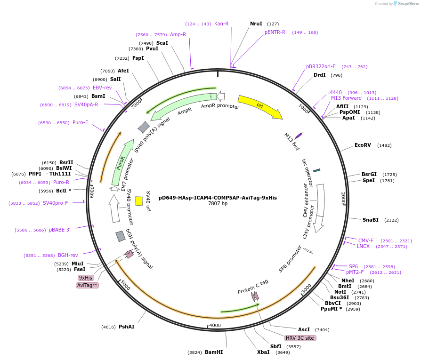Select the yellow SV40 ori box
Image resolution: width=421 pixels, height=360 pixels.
click(139, 201)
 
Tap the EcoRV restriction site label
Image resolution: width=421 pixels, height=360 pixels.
click(363, 145)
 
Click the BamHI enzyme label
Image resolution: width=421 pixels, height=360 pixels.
click(214, 352)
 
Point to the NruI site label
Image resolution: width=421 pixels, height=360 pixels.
click(256, 24)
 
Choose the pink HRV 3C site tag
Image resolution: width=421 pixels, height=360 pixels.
click(300, 338)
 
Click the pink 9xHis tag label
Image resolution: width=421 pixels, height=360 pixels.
click(86, 278)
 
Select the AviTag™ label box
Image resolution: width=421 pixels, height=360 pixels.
click(87, 286)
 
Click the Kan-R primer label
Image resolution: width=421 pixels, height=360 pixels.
click(221, 24)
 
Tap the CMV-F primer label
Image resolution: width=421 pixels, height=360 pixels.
click(366, 240)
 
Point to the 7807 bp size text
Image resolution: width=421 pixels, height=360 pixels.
click(218, 204)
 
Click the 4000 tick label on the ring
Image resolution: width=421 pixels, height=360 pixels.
click(215, 326)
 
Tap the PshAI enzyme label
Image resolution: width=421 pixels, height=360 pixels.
click(126, 327)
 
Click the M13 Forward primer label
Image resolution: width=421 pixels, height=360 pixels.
click(346, 98)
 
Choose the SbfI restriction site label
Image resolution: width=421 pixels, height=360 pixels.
click(275, 346)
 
